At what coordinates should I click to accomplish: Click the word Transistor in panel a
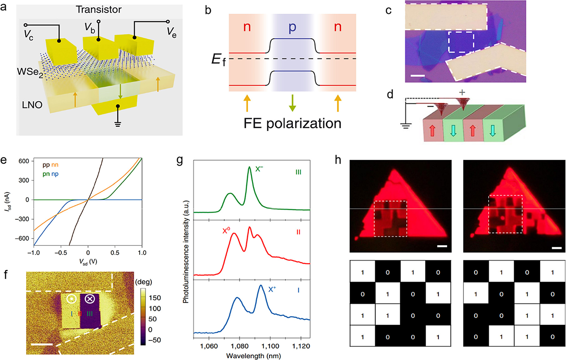click(99, 10)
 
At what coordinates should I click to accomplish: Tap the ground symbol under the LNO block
click(118, 124)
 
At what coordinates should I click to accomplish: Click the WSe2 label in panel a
click(30, 72)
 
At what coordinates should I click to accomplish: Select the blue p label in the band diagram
click(292, 28)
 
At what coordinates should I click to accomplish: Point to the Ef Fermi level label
click(218, 59)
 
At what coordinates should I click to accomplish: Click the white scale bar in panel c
click(417, 76)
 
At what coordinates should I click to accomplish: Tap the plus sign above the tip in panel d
click(462, 92)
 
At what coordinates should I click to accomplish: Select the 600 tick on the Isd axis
click(24, 161)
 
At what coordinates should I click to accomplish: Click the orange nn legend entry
click(55, 165)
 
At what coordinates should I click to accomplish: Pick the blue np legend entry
click(55, 174)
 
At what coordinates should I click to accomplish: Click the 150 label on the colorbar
click(154, 298)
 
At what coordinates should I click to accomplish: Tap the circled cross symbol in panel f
click(90, 299)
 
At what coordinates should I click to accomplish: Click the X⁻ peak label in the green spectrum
click(259, 169)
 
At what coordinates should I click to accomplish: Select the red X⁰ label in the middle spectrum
click(226, 231)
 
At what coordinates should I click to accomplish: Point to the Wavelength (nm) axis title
click(253, 356)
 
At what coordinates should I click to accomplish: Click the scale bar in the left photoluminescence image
click(442, 246)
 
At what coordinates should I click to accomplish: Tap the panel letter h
click(338, 160)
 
